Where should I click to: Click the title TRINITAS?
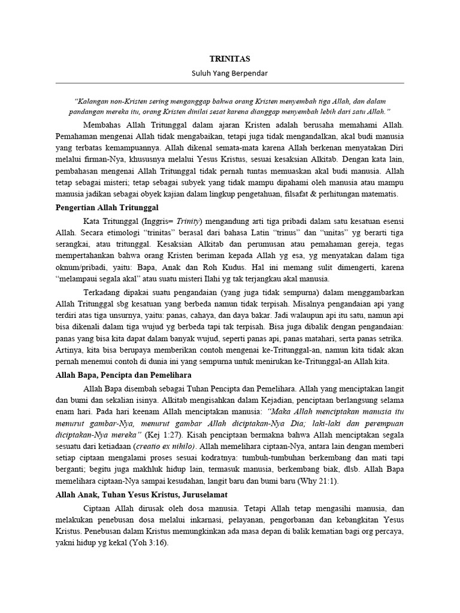pos(229,59)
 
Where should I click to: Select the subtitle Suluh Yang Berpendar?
pos(229,73)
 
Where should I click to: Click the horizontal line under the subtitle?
pos(229,83)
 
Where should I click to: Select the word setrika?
pos(390,338)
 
